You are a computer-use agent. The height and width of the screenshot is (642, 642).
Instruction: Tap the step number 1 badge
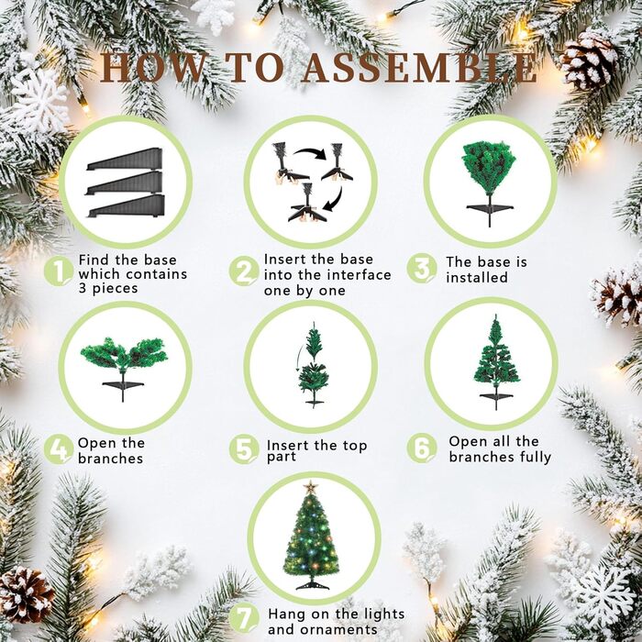pyautogui.click(x=59, y=271)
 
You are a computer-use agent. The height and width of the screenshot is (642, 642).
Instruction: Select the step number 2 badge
pyautogui.click(x=244, y=271)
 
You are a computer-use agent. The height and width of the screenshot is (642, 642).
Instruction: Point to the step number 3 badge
pyautogui.click(x=422, y=269)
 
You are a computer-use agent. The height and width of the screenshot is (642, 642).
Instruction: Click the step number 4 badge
pyautogui.click(x=59, y=449)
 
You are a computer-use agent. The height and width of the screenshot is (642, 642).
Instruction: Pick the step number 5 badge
pyautogui.click(x=244, y=449)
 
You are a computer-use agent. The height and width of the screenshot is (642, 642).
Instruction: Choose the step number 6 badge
pyautogui.click(x=422, y=448)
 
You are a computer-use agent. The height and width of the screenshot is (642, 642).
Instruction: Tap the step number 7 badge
pyautogui.click(x=244, y=618)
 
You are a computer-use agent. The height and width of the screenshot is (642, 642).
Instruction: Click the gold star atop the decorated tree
pyautogui.click(x=311, y=487)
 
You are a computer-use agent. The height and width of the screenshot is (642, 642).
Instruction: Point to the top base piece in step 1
pyautogui.click(x=125, y=160)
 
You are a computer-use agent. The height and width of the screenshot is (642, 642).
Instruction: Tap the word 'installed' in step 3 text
pyautogui.click(x=477, y=278)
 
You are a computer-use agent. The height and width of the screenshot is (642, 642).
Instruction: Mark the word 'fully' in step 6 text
pyautogui.click(x=536, y=457)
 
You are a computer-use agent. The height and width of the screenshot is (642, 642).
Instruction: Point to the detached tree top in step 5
pyautogui.click(x=315, y=341)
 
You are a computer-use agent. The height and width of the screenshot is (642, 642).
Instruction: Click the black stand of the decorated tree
pyautogui.click(x=313, y=584)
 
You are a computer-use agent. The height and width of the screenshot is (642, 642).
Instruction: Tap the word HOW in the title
pyautogui.click(x=152, y=67)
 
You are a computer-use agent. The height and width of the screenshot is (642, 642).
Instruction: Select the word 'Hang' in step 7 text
pyautogui.click(x=287, y=614)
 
